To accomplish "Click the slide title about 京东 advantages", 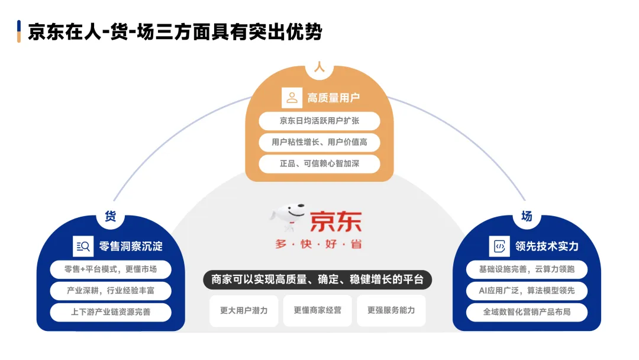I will [175, 31].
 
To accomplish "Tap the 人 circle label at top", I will [319, 67].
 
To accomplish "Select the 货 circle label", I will [111, 216].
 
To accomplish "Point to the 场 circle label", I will [527, 216].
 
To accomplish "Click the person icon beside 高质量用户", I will [292, 98].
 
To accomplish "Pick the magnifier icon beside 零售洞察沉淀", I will [82, 246].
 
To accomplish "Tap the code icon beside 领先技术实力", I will [499, 246].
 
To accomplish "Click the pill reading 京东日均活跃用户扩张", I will [319, 121].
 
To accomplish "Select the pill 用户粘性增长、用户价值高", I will [319, 142].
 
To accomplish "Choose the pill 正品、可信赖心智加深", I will [319, 163].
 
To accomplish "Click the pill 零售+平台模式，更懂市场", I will [111, 269].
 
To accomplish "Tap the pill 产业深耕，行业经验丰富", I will [111, 291].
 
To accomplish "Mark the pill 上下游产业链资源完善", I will [111, 312].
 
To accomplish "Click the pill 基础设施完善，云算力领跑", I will [527, 269].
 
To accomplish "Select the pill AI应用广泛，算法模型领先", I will [527, 291].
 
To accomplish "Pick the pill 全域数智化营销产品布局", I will [527, 312].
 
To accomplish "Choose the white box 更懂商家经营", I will [318, 310].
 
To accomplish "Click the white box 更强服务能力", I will [391, 310].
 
